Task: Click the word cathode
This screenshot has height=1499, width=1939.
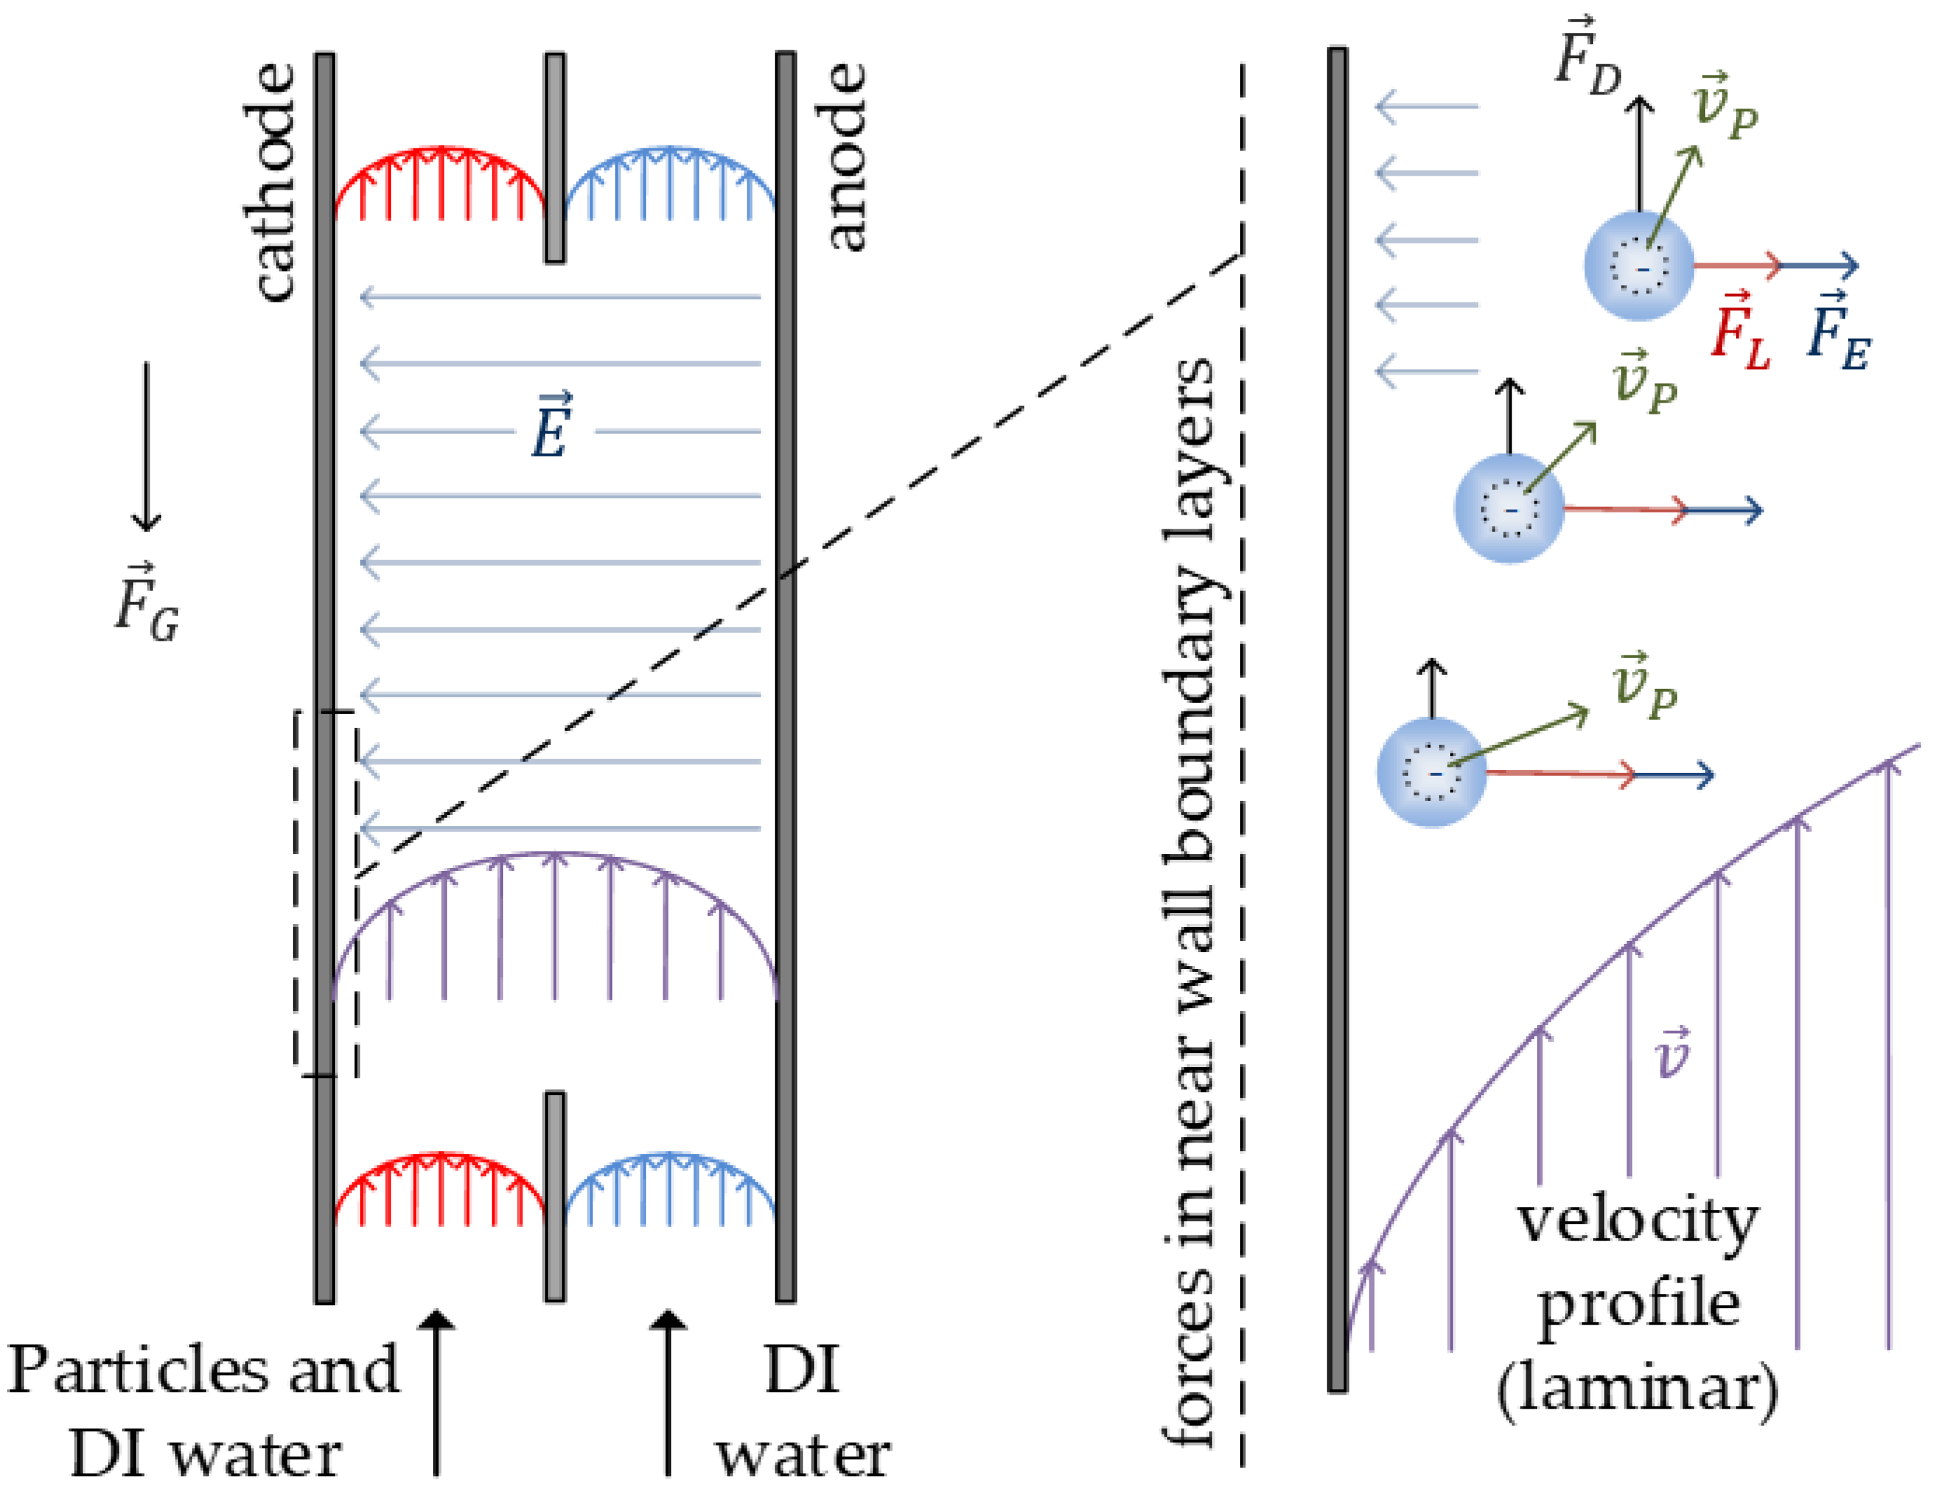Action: (x=269, y=182)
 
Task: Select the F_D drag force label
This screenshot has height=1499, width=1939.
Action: (x=1588, y=57)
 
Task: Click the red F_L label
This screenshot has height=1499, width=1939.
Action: (x=1741, y=330)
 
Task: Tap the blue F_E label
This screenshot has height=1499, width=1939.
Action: (x=1839, y=330)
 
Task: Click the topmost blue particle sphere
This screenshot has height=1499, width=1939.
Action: (x=1639, y=265)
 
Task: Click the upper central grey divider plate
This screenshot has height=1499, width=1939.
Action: (x=555, y=158)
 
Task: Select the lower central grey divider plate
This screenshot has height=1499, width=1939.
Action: (x=555, y=1197)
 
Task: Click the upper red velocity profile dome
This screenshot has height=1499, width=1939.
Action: (x=439, y=182)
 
